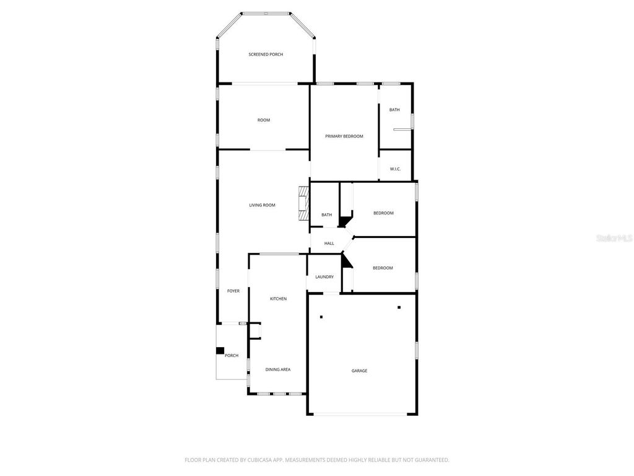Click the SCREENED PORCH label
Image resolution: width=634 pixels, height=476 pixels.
(266, 55)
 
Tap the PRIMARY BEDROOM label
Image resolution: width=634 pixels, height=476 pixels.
(344, 136)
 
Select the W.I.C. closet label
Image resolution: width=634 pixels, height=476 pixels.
(395, 169)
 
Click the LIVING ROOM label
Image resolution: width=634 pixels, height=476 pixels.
(262, 205)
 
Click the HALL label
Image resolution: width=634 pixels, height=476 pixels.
(329, 244)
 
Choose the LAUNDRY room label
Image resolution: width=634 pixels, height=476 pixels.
(324, 277)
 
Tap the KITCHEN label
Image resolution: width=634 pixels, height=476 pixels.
(278, 299)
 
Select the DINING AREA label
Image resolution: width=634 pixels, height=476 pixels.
(278, 369)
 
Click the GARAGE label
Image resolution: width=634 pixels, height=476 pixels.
(360, 371)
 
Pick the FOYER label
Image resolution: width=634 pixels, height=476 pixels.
(233, 291)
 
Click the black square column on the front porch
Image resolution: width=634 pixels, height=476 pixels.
(219, 351)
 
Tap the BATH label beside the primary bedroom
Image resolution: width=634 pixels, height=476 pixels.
(394, 110)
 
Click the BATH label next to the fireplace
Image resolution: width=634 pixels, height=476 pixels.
(326, 215)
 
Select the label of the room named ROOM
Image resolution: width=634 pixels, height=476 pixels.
(264, 120)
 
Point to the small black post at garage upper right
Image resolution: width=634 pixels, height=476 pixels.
(399, 307)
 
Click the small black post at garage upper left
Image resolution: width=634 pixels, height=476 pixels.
(321, 317)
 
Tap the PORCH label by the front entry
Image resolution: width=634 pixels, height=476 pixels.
(232, 355)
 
